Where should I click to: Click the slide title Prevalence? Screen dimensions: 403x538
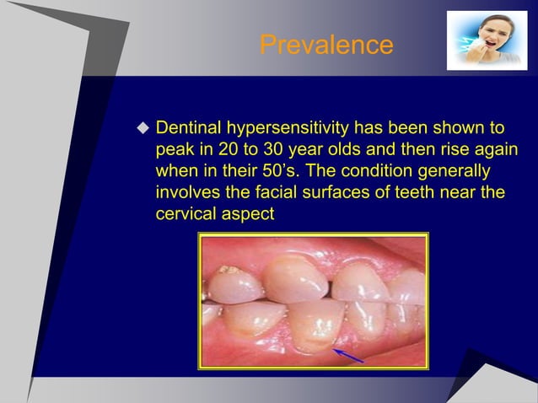[325, 44]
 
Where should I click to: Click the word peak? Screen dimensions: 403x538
[175, 151]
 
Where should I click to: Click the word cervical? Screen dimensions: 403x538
[187, 215]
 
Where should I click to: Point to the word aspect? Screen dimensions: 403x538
[249, 215]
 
